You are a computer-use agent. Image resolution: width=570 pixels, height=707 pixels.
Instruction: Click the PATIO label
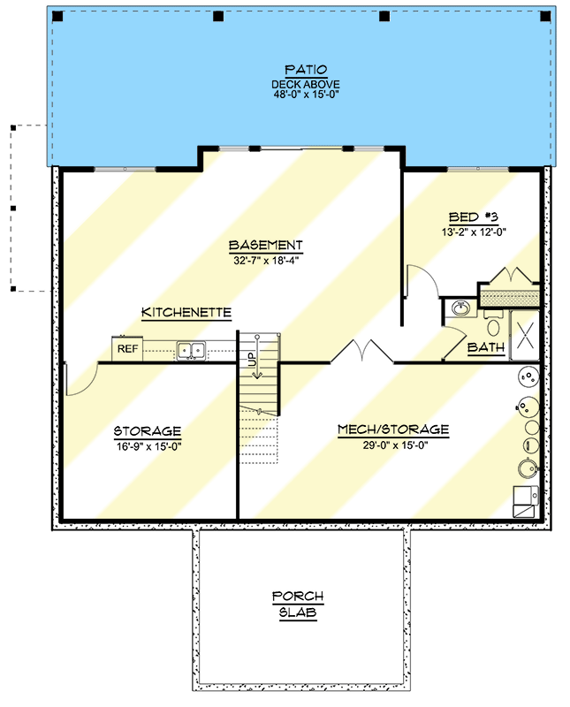point(305,69)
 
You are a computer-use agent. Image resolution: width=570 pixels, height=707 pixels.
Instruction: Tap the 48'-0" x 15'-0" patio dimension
point(305,95)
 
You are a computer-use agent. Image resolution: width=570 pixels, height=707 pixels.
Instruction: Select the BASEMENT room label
point(266,245)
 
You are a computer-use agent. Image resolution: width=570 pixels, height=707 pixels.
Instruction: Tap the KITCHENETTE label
point(186,313)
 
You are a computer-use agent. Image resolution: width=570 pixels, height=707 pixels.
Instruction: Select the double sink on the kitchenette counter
point(190,351)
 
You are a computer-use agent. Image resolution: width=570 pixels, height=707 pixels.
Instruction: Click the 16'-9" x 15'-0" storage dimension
point(148,445)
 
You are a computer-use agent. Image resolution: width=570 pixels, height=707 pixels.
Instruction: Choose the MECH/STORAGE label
point(393,430)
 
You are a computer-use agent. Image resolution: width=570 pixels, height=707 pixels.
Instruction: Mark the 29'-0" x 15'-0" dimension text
point(393,445)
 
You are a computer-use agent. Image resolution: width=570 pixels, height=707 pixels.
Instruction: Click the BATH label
point(486,348)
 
